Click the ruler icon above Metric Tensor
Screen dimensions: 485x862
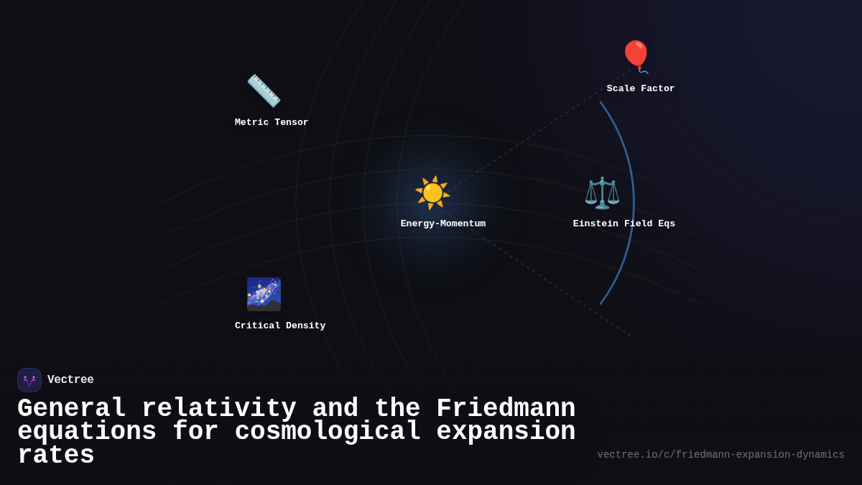click(264, 91)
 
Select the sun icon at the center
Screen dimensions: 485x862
click(432, 193)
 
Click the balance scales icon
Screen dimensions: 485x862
click(602, 193)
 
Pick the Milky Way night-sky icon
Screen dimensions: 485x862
click(264, 294)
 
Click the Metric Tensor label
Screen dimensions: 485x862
click(272, 123)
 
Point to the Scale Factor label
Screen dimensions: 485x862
click(641, 89)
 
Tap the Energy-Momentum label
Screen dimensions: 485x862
click(443, 224)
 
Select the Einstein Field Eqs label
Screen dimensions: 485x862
click(624, 224)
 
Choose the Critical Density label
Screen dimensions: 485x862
click(280, 326)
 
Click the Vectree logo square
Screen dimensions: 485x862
click(29, 380)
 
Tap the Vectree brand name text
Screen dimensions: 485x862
click(70, 380)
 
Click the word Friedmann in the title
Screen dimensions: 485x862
click(506, 409)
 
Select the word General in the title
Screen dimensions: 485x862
click(72, 409)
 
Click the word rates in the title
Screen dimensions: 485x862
click(56, 456)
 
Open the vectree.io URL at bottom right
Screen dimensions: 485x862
click(720, 455)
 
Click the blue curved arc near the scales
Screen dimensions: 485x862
click(633, 201)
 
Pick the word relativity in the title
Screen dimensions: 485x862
click(219, 409)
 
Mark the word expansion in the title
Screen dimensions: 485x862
click(506, 432)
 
